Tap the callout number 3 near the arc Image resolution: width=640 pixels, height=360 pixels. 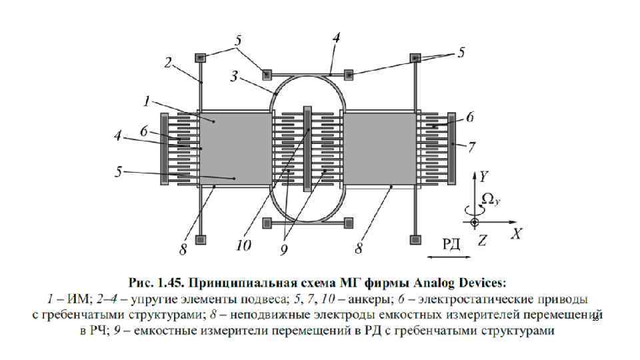pos(233,76)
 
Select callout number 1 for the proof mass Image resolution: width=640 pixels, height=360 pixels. pos(145,101)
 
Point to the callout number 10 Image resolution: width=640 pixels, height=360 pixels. pos(243,246)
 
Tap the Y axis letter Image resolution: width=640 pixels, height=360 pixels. pos(483,177)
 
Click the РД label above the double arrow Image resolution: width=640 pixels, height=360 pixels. pos(451,243)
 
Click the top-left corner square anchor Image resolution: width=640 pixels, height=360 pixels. pos(199,58)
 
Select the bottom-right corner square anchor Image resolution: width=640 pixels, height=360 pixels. pos(417,239)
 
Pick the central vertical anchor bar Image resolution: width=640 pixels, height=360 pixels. pos(307,148)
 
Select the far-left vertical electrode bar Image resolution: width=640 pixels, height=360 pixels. pos(164,148)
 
